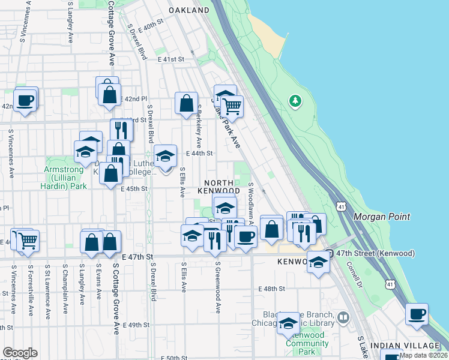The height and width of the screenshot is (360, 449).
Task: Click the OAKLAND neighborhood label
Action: (x=188, y=10)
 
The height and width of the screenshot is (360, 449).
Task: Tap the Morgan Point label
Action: (x=382, y=217)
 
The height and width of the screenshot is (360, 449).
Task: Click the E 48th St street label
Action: (x=271, y=289)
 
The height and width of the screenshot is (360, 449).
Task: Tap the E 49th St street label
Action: (x=136, y=325)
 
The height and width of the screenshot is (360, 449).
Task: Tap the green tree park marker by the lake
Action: (x=295, y=100)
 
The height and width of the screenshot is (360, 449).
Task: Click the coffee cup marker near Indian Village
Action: (x=417, y=314)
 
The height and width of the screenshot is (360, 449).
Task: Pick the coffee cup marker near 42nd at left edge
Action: (x=25, y=100)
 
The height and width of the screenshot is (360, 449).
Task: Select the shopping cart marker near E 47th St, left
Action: (x=28, y=241)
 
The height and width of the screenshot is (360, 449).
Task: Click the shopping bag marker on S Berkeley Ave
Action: (x=187, y=103)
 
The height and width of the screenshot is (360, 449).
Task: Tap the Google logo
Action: (x=20, y=353)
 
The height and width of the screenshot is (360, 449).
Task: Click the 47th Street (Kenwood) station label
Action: (x=375, y=254)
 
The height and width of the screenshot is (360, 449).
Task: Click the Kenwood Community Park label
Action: (x=307, y=340)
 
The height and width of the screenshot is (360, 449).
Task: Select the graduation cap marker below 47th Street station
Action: (x=319, y=262)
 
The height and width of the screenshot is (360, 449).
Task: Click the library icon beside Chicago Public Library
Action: (x=343, y=317)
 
